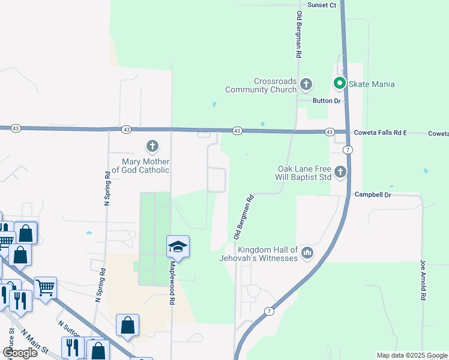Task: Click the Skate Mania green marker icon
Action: click(339, 84)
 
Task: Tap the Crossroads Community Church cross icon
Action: click(306, 83)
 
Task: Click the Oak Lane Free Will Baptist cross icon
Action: click(340, 172)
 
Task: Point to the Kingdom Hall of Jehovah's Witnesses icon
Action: click(307, 253)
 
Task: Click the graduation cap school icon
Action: click(178, 247)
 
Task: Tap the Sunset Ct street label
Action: click(322, 5)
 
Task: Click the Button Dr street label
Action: click(327, 101)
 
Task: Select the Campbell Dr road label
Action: click(373, 194)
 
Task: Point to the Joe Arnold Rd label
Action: click(423, 279)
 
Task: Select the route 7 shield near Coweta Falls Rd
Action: click(348, 149)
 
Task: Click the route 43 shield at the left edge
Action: click(16, 128)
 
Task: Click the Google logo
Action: click(19, 352)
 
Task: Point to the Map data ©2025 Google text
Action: click(412, 355)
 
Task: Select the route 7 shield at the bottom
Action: click(268, 311)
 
